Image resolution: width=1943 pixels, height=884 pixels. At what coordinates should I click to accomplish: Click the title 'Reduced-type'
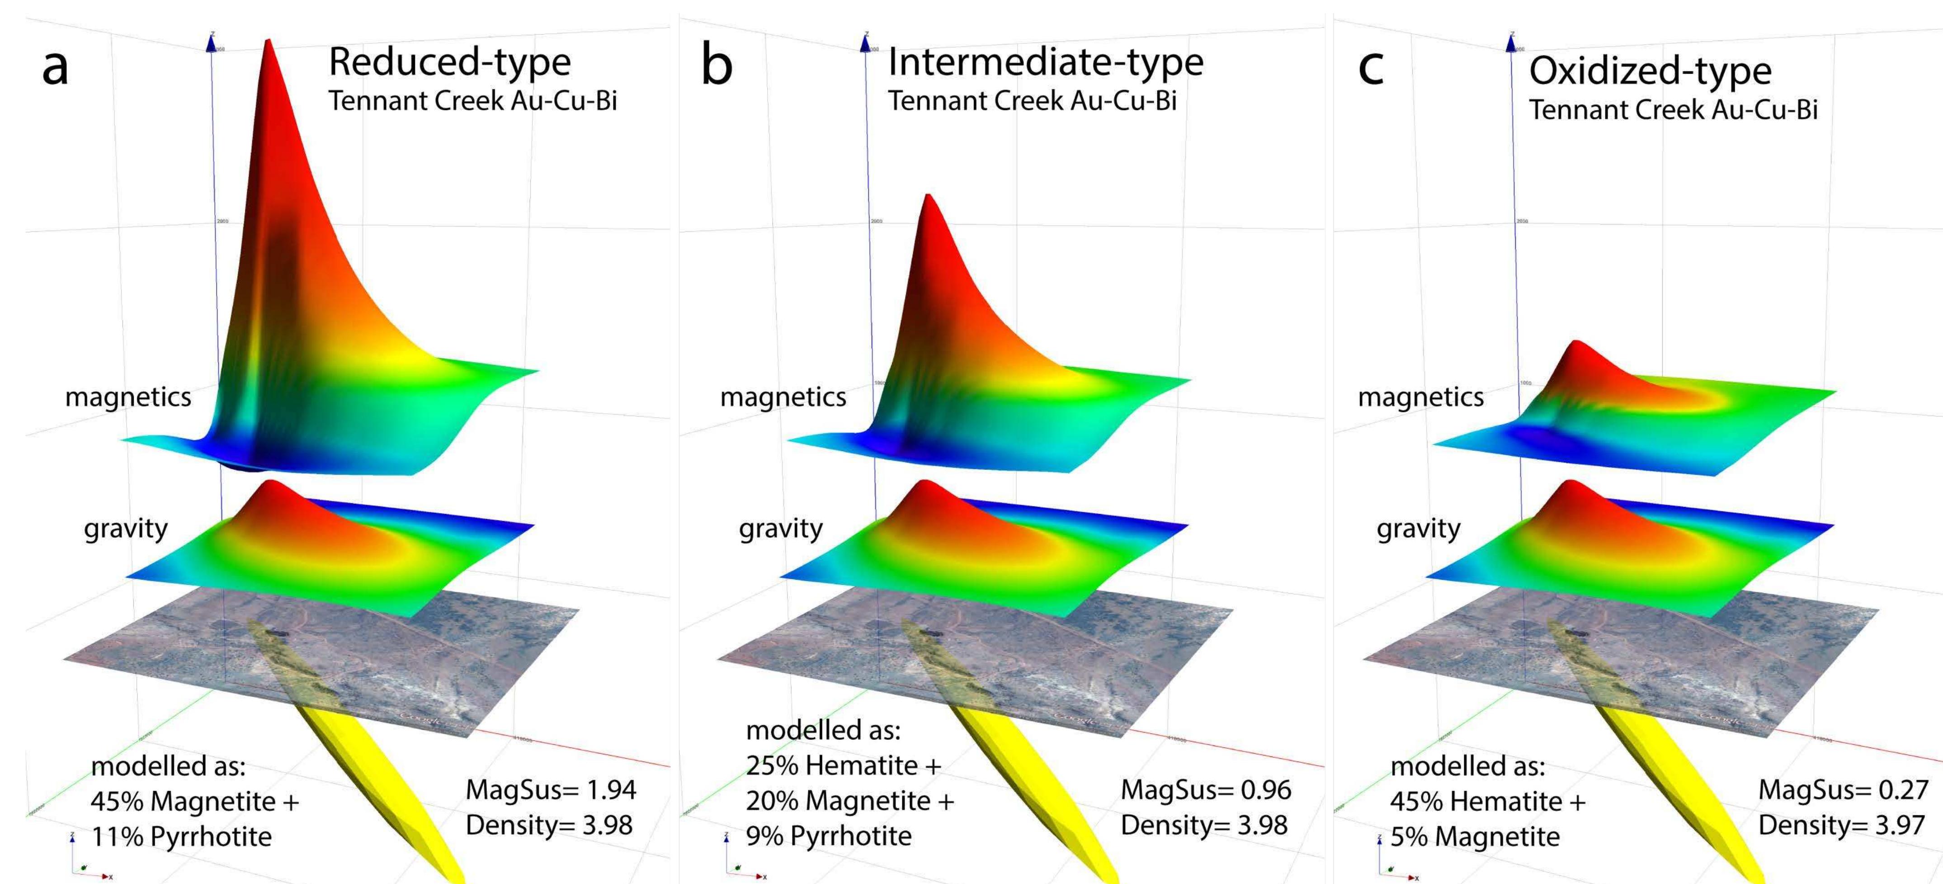[x=449, y=62]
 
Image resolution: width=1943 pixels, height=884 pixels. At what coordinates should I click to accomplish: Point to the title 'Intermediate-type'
[x=1046, y=62]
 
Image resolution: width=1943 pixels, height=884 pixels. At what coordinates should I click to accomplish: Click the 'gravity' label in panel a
[x=125, y=529]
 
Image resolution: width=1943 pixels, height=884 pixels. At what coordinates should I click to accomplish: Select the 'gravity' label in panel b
[x=781, y=529]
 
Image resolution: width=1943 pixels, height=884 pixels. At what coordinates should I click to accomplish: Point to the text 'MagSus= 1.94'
[x=551, y=789]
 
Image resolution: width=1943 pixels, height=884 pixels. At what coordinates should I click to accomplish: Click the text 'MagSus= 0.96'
[x=1205, y=789]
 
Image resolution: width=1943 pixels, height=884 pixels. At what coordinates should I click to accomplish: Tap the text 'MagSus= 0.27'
[x=1843, y=789]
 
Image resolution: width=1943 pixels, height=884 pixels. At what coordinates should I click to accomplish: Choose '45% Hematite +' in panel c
[x=1487, y=801]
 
